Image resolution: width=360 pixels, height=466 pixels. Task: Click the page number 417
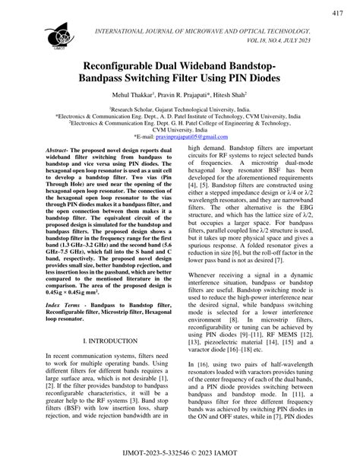click(x=336, y=14)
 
